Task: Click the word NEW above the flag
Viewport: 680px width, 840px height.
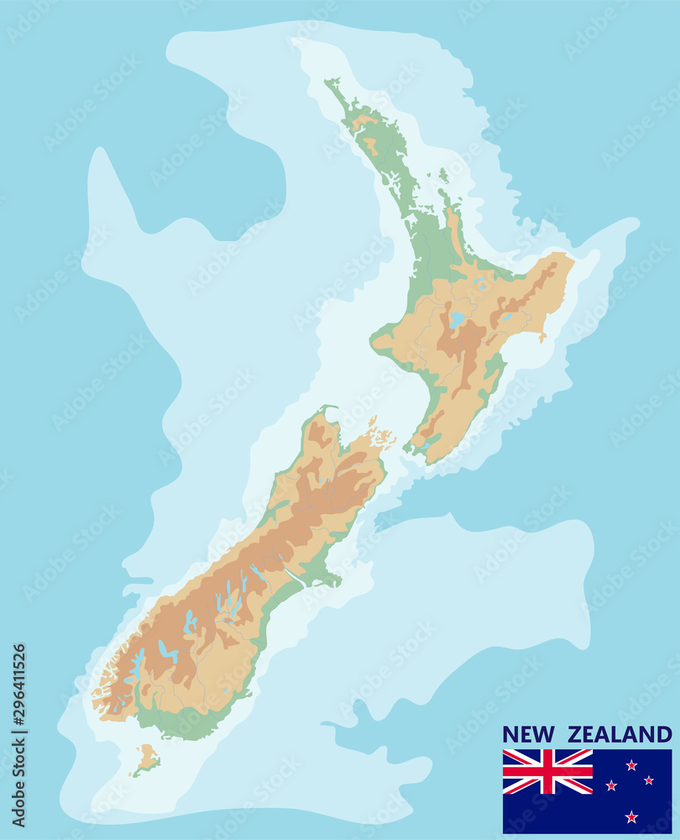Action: pos(529,735)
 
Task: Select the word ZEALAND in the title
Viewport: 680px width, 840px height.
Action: pos(620,735)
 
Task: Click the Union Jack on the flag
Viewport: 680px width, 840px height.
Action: pos(547,771)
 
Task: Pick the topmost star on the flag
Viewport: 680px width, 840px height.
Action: pos(631,764)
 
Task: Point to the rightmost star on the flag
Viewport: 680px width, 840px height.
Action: pos(649,780)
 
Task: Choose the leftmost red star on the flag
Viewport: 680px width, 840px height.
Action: pos(612,785)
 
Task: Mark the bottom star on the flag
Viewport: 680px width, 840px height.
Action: pos(631,816)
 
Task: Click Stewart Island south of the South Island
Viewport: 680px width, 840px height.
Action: pos(146,758)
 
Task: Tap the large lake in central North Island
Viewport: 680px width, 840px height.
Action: pos(456,320)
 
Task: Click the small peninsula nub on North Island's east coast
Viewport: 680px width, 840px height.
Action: pos(542,337)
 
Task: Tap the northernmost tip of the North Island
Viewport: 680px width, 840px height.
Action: pos(328,81)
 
